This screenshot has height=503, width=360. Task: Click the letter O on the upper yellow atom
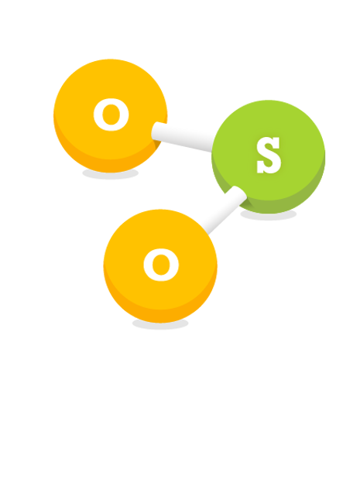click(x=111, y=115)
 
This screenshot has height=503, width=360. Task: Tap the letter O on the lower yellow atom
click(x=161, y=265)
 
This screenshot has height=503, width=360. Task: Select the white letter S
click(x=269, y=156)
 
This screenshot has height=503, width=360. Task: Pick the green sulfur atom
click(x=268, y=156)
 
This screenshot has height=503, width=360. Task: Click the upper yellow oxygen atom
click(x=110, y=115)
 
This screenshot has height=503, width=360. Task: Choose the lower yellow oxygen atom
click(x=160, y=265)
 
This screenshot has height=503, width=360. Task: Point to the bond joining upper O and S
click(x=182, y=137)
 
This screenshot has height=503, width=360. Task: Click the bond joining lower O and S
click(x=223, y=210)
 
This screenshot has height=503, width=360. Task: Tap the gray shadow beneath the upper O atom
click(x=111, y=174)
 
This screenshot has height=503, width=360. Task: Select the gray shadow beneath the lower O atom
click(x=160, y=323)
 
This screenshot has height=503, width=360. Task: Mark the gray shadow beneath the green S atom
click(x=268, y=215)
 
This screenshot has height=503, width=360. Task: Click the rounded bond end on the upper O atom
click(x=156, y=132)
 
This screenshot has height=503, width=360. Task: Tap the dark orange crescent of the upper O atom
click(x=110, y=164)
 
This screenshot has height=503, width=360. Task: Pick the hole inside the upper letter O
click(x=111, y=115)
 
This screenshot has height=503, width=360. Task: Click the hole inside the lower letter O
click(x=161, y=265)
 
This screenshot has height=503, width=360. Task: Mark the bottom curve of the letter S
click(x=269, y=168)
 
